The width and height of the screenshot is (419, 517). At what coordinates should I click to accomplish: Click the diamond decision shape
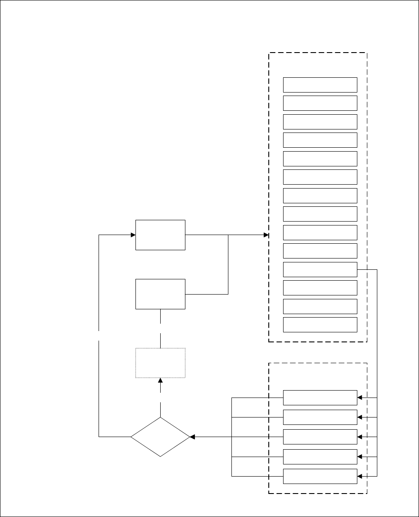[160, 437]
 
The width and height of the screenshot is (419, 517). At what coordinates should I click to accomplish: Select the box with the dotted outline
[160, 363]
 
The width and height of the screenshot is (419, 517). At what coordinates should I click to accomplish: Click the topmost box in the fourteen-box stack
[320, 85]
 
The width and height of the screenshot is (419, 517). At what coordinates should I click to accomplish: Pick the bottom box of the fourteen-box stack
[320, 325]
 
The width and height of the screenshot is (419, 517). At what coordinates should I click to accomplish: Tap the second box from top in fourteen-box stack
[320, 103]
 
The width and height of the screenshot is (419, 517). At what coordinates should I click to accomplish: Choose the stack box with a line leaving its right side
[320, 269]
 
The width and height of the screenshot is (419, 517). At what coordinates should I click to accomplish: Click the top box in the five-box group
[320, 398]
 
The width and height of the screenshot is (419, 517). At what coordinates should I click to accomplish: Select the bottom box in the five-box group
[320, 476]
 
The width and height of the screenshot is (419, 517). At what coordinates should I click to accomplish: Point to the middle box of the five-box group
[320, 437]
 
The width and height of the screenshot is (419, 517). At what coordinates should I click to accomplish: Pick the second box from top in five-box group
[320, 417]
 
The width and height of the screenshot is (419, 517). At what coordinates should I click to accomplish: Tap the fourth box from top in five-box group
[320, 457]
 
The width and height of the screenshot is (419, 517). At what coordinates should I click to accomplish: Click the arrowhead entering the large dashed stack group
[266, 235]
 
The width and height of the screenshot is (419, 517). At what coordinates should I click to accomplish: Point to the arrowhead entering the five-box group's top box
[360, 398]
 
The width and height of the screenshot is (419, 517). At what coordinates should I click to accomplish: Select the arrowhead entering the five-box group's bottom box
[360, 476]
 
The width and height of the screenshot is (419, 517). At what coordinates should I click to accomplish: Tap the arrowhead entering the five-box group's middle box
[360, 437]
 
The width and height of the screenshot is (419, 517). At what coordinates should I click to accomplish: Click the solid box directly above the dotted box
[160, 294]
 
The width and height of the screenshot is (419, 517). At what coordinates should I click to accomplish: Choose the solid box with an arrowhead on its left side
[160, 235]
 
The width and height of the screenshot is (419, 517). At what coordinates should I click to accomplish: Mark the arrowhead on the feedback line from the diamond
[133, 235]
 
